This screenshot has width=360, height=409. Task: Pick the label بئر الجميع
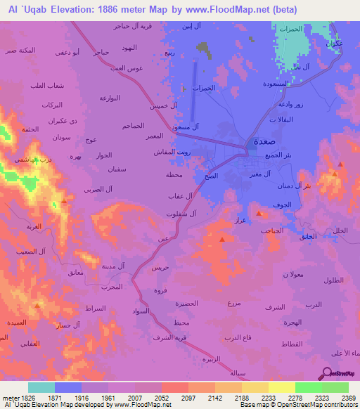click(263, 155)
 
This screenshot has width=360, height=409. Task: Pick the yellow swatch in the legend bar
click(281, 387)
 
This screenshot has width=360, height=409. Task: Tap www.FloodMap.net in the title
click(240, 9)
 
